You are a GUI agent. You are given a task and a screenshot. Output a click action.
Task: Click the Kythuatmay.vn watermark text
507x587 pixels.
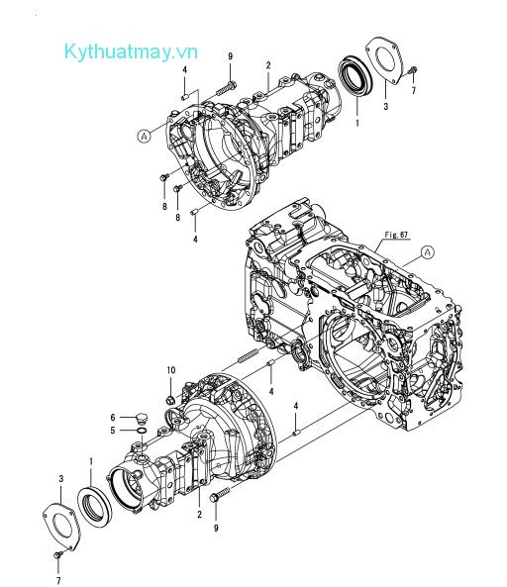pyautogui.click(x=131, y=51)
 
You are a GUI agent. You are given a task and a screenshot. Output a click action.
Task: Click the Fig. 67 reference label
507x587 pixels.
pyautogui.click(x=396, y=235)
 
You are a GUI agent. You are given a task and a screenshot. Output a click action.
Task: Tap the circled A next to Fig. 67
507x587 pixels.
pyautogui.click(x=428, y=252)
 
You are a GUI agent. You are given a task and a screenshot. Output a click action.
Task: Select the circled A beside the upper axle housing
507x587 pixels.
pyautogui.click(x=144, y=136)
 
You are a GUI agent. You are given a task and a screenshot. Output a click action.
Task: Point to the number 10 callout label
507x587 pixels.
pyautogui.click(x=171, y=370)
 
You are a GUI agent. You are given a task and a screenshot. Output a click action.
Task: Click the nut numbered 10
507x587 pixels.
pyautogui.click(x=170, y=400)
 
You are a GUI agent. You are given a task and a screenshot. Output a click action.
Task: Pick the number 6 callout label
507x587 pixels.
pyautogui.click(x=113, y=418)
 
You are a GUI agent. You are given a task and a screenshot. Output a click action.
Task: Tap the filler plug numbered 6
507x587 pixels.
pyautogui.click(x=142, y=418)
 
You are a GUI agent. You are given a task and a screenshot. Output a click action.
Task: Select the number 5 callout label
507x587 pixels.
pyautogui.click(x=113, y=431)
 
